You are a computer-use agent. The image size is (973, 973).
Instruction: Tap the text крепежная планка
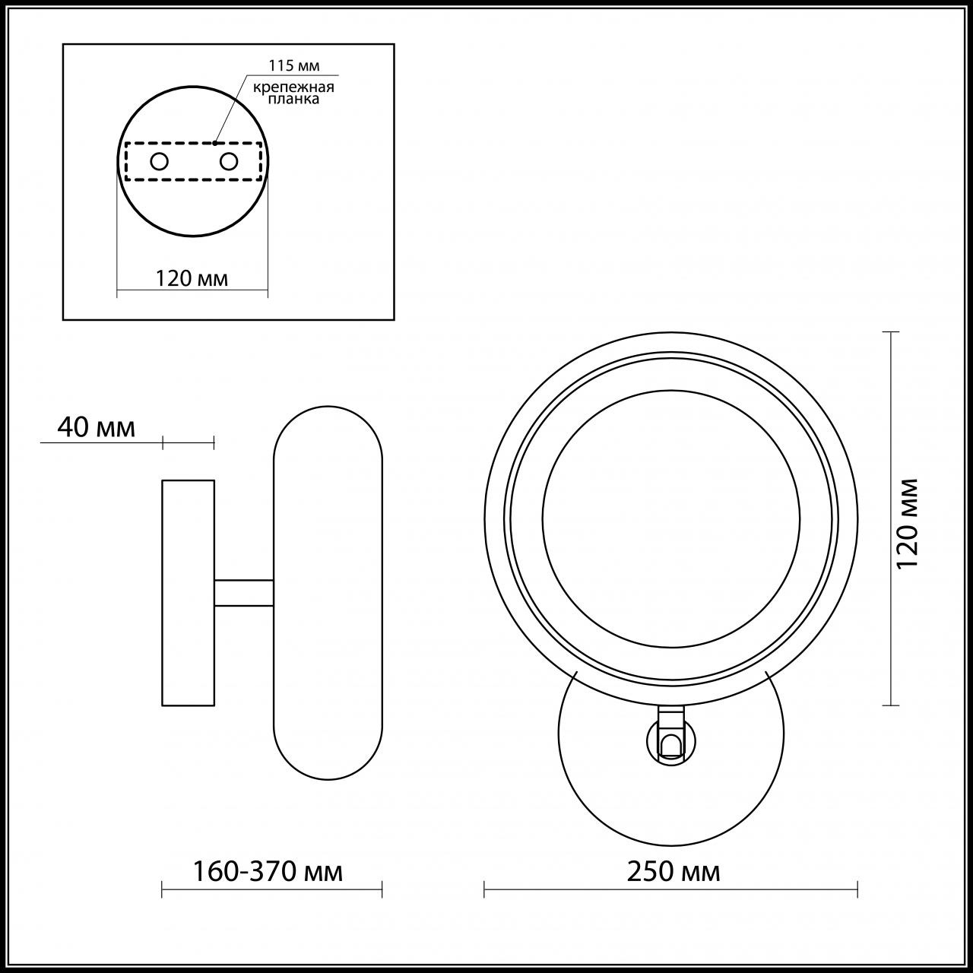pyautogui.click(x=294, y=93)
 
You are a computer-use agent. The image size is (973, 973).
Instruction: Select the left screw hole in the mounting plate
pyautogui.click(x=160, y=161)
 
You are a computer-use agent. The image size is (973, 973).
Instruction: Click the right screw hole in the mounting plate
pyautogui.click(x=229, y=161)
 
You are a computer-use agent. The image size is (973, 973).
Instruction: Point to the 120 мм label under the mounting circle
pyautogui.click(x=192, y=278)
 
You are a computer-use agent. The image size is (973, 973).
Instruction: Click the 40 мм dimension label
pyautogui.click(x=97, y=428)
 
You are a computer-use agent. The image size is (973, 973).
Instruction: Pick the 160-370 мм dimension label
pyautogui.click(x=267, y=871)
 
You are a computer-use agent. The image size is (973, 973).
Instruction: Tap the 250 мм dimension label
pyautogui.click(x=673, y=871)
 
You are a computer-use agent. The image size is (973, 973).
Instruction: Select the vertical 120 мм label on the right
pyautogui.click(x=908, y=522)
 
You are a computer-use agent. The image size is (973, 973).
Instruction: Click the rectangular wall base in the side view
pyautogui.click(x=188, y=592)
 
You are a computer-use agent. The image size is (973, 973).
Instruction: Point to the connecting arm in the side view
pyautogui.click(x=243, y=593)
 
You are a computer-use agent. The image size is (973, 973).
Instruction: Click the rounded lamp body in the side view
pyautogui.click(x=328, y=592)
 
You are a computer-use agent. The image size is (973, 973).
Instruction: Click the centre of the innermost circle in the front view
pyautogui.click(x=670, y=519)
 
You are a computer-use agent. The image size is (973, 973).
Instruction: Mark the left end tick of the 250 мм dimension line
pyautogui.click(x=485, y=888)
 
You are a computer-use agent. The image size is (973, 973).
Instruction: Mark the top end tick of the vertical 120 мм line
pyautogui.click(x=890, y=332)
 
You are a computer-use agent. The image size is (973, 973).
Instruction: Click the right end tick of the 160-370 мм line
pyautogui.click(x=382, y=888)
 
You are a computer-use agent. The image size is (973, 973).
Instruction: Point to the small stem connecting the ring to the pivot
pyautogui.click(x=670, y=715)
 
